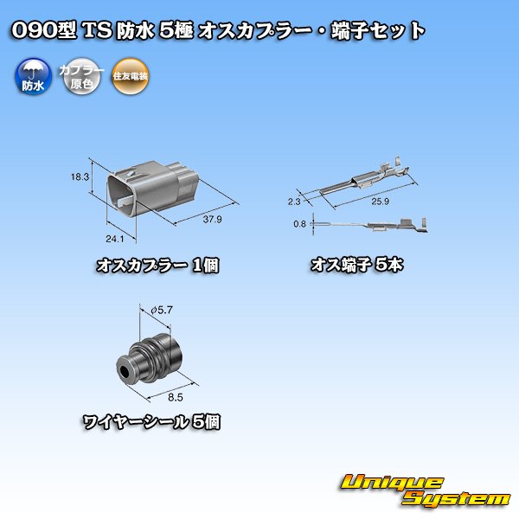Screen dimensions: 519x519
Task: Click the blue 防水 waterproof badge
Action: click(x=31, y=77)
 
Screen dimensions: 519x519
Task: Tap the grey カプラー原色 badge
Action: click(x=80, y=77)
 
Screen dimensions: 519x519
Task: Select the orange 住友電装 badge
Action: click(x=130, y=77)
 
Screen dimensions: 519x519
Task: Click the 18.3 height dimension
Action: click(x=80, y=176)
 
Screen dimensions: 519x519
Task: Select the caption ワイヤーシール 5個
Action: click(x=152, y=424)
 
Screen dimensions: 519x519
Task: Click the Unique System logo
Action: click(x=423, y=490)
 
